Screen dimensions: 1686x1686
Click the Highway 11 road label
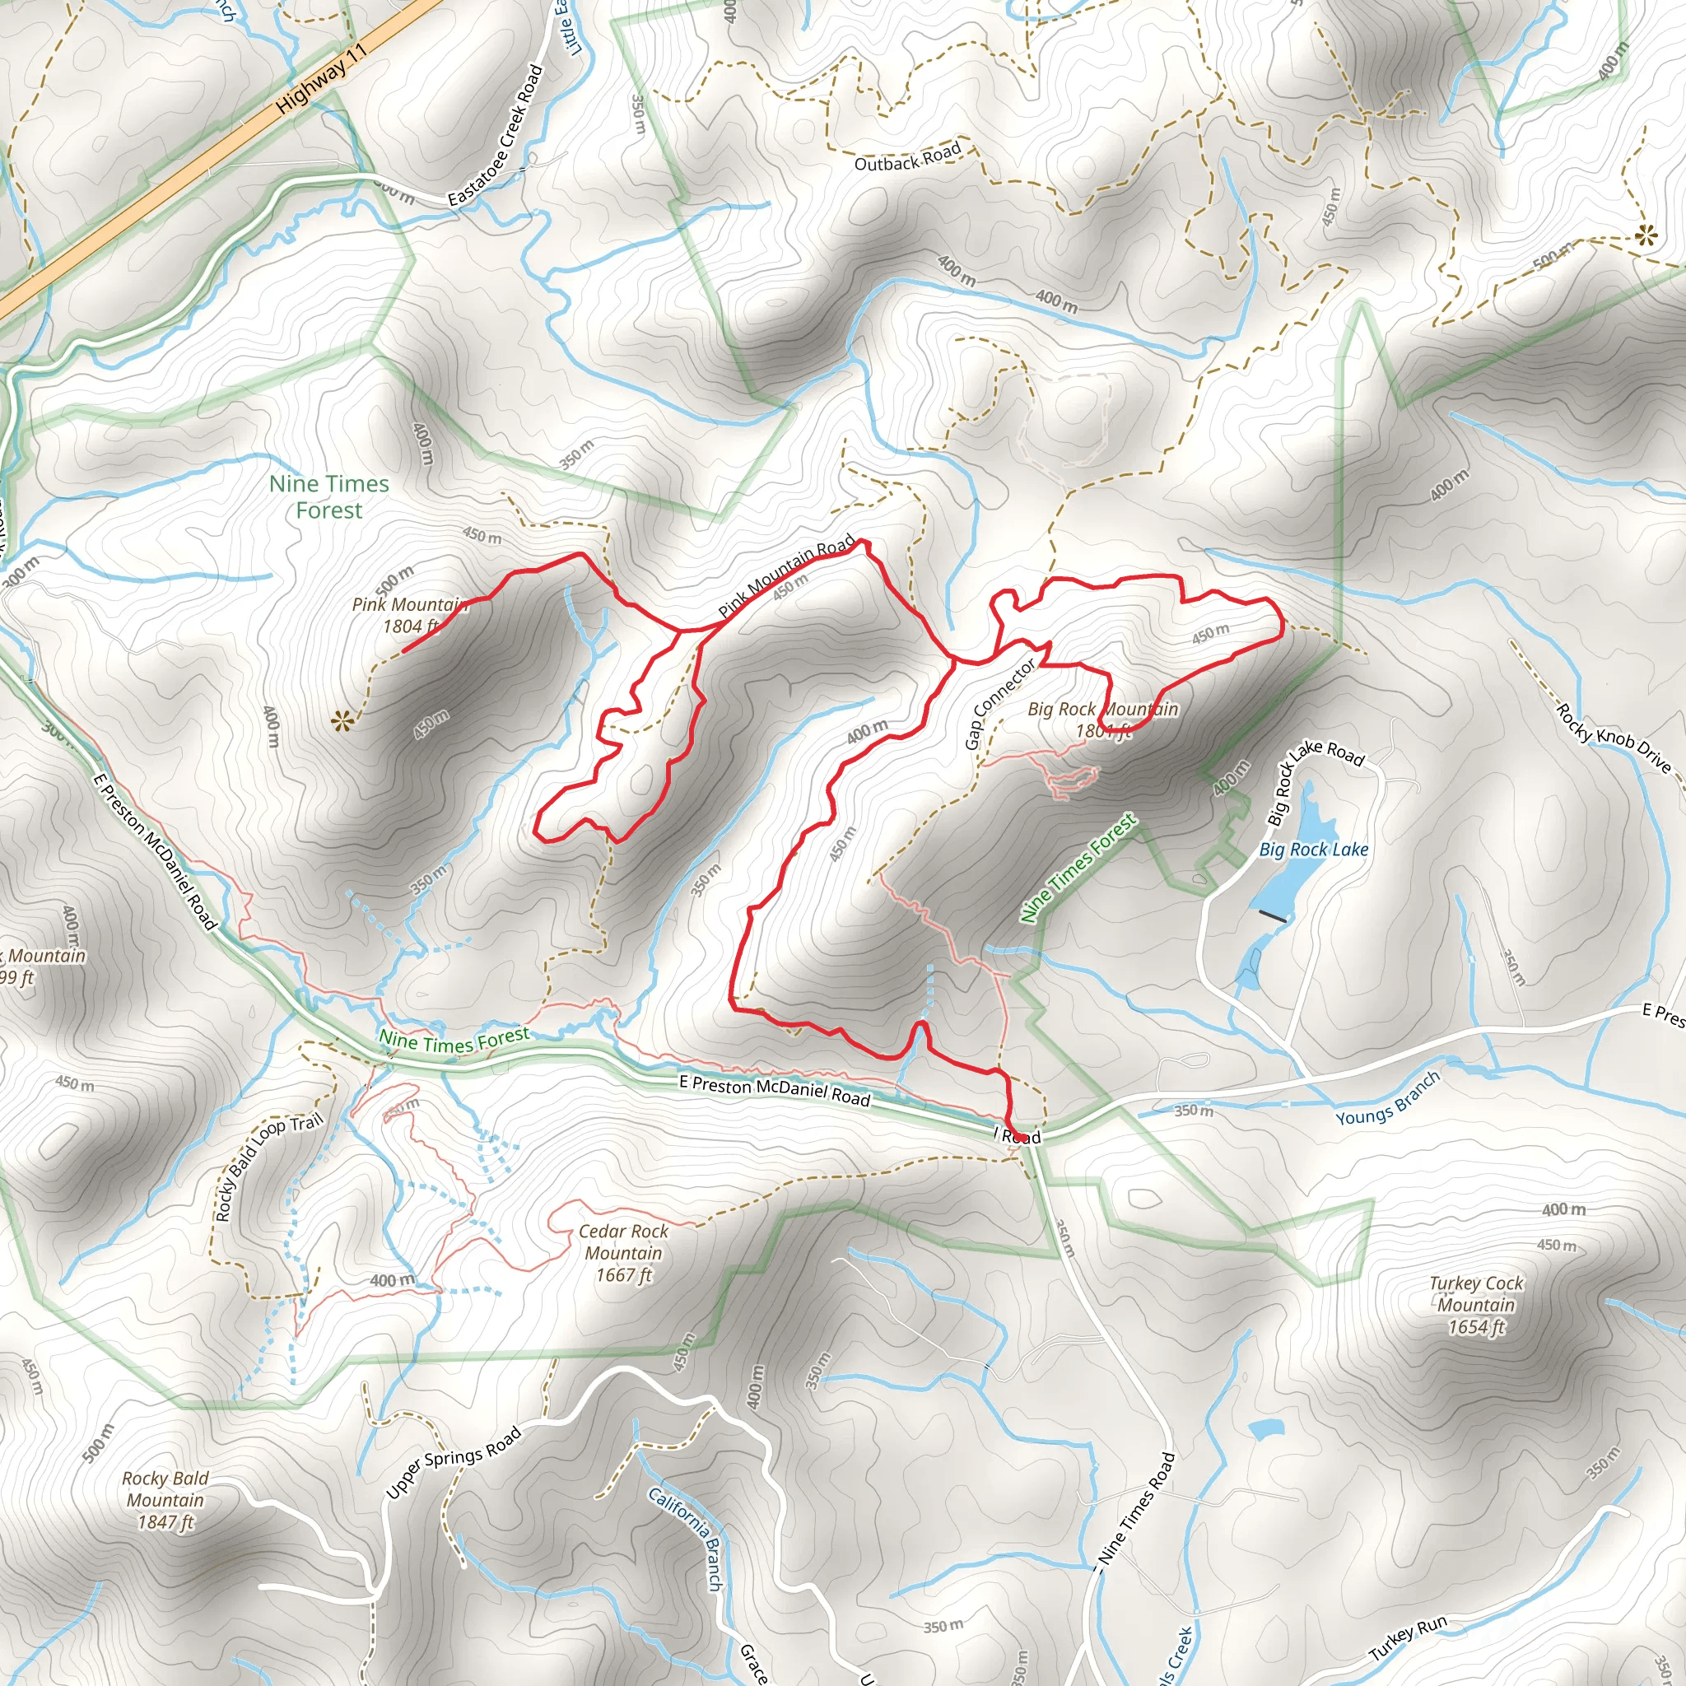tap(321, 79)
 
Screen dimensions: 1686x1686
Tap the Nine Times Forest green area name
tap(329, 496)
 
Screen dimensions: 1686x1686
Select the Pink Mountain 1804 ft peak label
tap(408, 614)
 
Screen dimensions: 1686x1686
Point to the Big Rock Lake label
tap(1313, 849)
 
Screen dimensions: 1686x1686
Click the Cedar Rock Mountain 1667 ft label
tap(623, 1253)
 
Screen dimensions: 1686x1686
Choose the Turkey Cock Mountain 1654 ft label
tap(1476, 1305)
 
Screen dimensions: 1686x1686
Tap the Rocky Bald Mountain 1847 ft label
tap(165, 1500)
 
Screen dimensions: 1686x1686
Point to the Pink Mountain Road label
tap(785, 577)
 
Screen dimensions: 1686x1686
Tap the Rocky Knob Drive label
tap(1614, 738)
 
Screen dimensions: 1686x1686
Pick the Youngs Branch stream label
tap(1387, 1098)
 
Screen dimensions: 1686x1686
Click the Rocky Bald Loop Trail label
tap(268, 1166)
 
